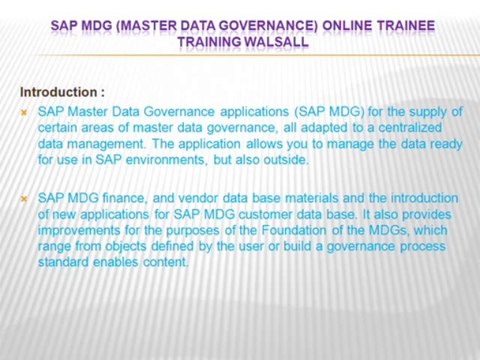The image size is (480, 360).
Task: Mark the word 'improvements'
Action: [x=80, y=230]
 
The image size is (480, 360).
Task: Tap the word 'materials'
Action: [x=312, y=198]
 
